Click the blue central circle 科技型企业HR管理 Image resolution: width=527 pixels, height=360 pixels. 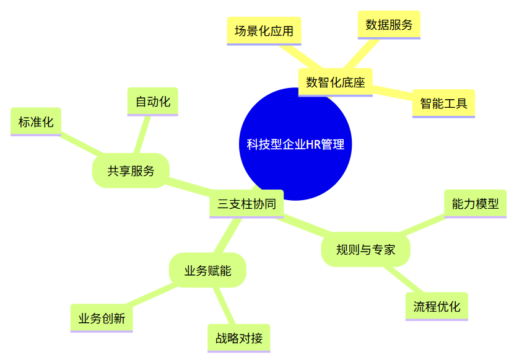(x=295, y=144)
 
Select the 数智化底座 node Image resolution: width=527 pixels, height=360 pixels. (x=336, y=82)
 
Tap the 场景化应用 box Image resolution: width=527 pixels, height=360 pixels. (x=264, y=31)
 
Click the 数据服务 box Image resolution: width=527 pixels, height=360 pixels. (x=389, y=25)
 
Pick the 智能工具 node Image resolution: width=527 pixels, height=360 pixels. (x=443, y=103)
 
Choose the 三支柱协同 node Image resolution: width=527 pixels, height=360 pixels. (x=246, y=204)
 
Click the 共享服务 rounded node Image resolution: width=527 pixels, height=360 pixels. (x=131, y=171)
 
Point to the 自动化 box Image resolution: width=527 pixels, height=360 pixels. (x=152, y=102)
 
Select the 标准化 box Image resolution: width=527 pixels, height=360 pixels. (x=36, y=121)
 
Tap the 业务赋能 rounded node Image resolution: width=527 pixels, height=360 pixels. (x=207, y=270)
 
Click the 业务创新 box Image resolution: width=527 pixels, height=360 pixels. (x=102, y=318)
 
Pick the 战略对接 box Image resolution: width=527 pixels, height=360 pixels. (x=238, y=338)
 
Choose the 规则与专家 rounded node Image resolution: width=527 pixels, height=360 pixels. (x=365, y=250)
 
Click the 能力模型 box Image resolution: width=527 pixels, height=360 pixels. (x=475, y=204)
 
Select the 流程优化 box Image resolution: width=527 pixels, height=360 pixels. (x=437, y=307)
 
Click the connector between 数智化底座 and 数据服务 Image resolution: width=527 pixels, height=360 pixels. (x=362, y=54)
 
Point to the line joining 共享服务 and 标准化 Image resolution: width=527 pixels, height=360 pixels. (x=81, y=144)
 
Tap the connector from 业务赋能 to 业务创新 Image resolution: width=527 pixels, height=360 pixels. (x=152, y=295)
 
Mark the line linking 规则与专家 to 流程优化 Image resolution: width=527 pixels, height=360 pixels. (x=404, y=279)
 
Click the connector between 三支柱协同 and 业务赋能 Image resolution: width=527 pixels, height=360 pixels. (x=228, y=235)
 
